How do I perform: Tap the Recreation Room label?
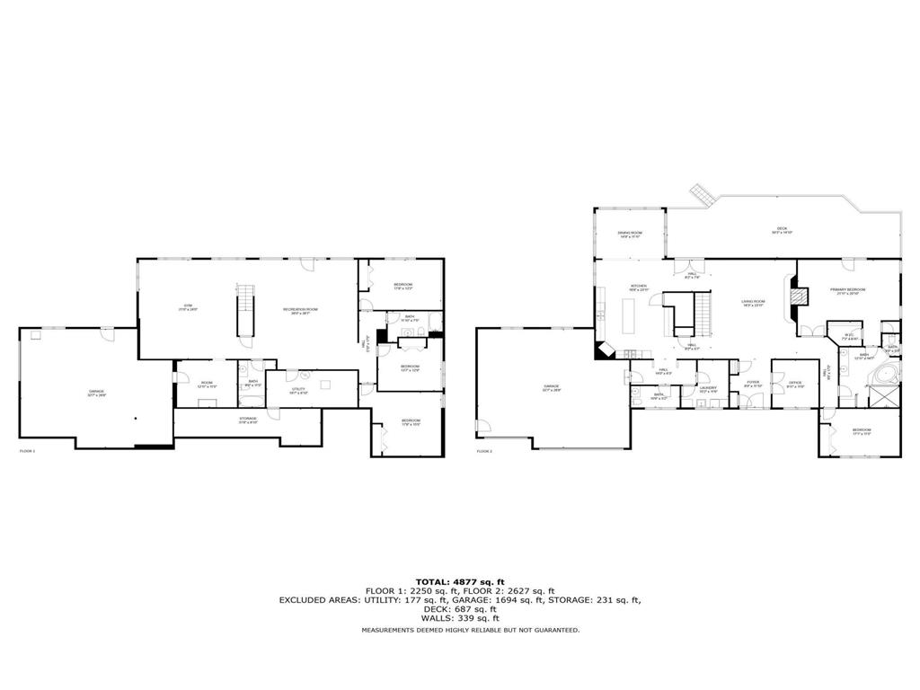[x=302, y=310]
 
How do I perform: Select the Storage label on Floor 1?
[x=248, y=419]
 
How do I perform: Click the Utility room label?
[x=298, y=390]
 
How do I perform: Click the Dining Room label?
[x=629, y=234]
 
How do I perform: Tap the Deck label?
[x=782, y=230]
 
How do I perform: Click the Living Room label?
[x=752, y=303]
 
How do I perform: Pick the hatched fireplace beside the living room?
[x=793, y=297]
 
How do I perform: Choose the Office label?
[x=795, y=383]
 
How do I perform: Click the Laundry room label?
[x=709, y=388]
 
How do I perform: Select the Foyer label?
[x=753, y=383]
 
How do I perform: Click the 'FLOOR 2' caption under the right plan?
[x=484, y=450]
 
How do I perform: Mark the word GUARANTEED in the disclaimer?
[x=557, y=630]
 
